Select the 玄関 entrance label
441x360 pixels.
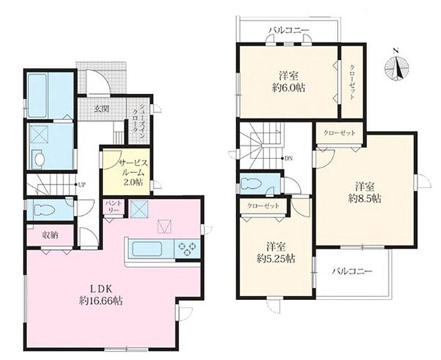click(x=101, y=108)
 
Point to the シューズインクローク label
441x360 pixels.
click(x=139, y=119)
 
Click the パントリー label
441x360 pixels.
click(x=114, y=207)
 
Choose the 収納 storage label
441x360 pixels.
click(x=50, y=235)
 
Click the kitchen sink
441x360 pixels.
click(x=147, y=249)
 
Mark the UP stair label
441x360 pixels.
click(x=82, y=184)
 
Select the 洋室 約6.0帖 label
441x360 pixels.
click(x=289, y=82)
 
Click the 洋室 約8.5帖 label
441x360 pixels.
click(x=365, y=193)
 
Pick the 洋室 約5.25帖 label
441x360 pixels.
click(x=276, y=252)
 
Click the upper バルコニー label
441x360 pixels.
click(x=289, y=30)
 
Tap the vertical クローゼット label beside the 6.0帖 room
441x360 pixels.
click(x=352, y=82)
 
